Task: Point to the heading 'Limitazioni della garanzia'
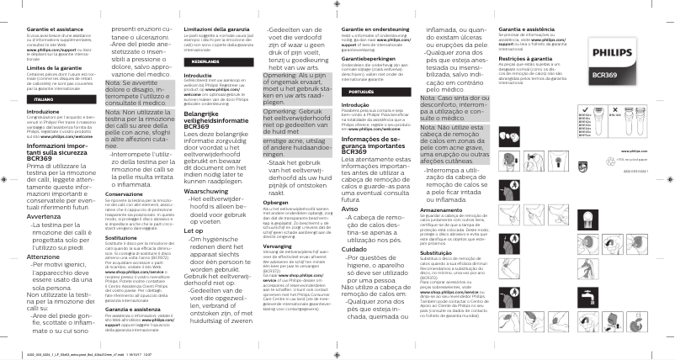pyautogui.click(x=215, y=29)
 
